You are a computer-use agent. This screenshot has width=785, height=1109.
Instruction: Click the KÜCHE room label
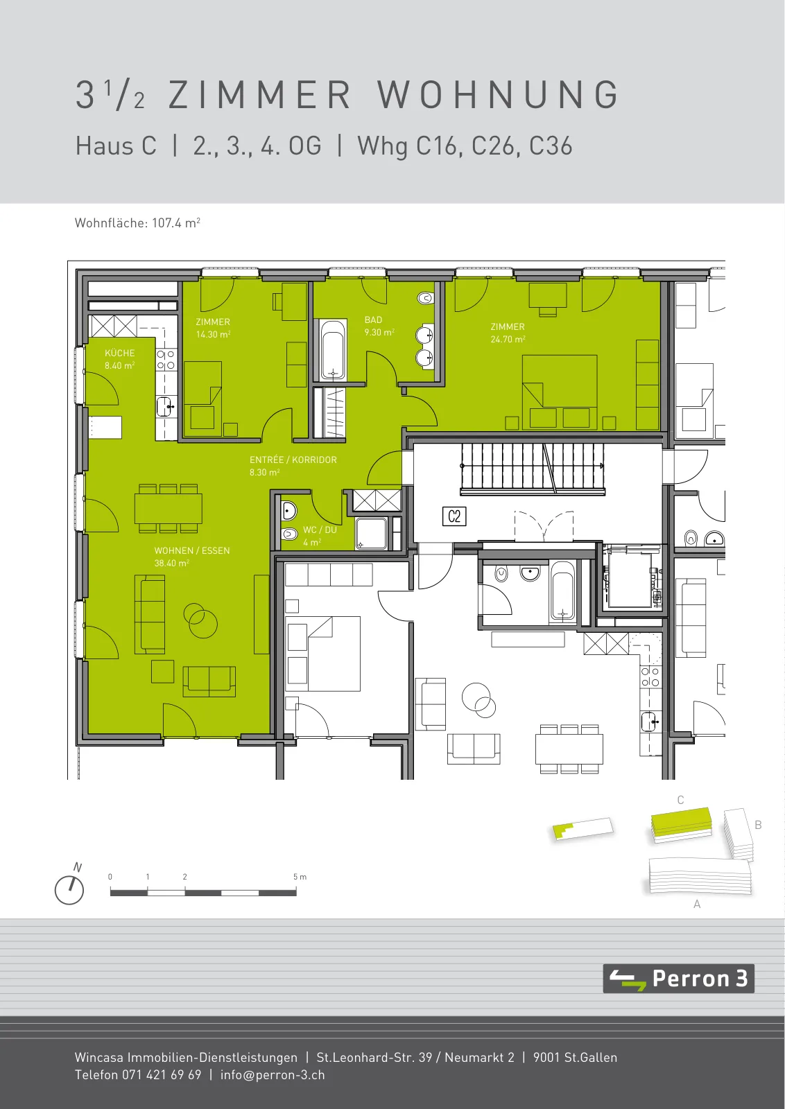pos(120,353)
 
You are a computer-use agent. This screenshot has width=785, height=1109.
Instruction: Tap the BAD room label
pos(374,320)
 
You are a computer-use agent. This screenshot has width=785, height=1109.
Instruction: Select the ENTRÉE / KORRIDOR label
pos(293,460)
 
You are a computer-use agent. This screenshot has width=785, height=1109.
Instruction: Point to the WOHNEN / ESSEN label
pos(192,550)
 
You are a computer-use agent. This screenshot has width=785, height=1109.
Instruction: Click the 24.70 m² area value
pos(508,339)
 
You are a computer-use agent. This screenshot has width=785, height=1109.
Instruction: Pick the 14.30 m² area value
pos(214,334)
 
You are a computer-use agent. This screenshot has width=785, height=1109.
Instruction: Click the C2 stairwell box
pos(454,516)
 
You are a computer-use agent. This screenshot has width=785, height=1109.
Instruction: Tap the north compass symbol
pos(69,890)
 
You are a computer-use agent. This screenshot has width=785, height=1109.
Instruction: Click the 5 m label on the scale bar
pos(300,877)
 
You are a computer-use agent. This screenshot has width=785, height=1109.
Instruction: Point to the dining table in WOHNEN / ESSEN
pos(169,509)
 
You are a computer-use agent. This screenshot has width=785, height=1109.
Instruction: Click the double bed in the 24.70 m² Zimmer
pos(560,392)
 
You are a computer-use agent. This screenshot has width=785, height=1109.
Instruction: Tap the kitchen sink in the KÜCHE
pos(165,407)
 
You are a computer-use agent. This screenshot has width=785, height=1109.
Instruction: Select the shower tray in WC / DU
pos(372,533)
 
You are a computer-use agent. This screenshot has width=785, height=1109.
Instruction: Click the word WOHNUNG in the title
pos(498,94)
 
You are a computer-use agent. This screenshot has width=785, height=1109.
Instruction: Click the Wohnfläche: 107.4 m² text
pos(137,222)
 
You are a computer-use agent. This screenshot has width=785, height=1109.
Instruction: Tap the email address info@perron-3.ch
pos(273,1075)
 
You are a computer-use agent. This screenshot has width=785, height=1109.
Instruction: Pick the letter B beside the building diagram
pos(758,825)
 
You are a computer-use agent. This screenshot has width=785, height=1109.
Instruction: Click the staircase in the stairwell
pos(533,469)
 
